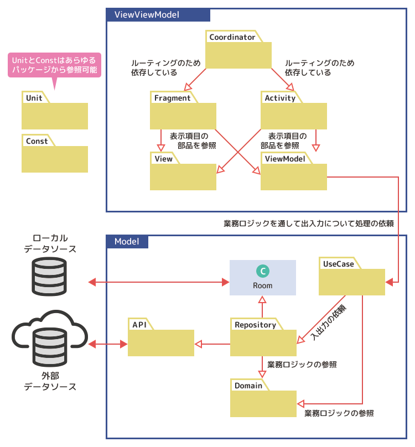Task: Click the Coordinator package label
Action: (x=232, y=38)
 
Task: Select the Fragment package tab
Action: (x=172, y=98)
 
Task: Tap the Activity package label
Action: (x=280, y=98)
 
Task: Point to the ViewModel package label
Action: (x=285, y=159)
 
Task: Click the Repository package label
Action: (x=255, y=325)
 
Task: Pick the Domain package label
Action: (x=248, y=386)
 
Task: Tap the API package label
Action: (x=139, y=325)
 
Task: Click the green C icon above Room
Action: (x=263, y=271)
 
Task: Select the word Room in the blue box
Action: (x=263, y=285)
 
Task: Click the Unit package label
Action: (x=34, y=98)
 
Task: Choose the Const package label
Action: (x=37, y=141)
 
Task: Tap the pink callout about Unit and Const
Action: (x=54, y=65)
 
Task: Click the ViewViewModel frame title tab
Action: (x=147, y=15)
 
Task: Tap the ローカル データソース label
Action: (x=50, y=243)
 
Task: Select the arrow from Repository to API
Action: (x=212, y=344)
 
